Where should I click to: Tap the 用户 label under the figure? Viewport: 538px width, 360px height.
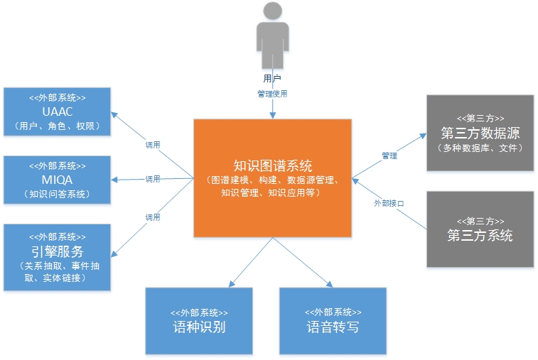(x=272, y=78)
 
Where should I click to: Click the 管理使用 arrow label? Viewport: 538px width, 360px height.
(x=272, y=94)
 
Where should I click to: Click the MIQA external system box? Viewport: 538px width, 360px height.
(x=57, y=180)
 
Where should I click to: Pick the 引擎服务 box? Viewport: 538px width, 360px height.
(x=57, y=257)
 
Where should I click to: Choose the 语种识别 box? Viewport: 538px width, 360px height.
(x=199, y=321)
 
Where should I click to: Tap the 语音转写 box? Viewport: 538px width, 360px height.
(x=333, y=321)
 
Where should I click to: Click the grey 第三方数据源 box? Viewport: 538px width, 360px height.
(x=480, y=133)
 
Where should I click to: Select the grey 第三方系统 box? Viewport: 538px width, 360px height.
(x=480, y=229)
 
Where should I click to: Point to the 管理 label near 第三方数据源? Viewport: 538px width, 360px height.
(x=389, y=156)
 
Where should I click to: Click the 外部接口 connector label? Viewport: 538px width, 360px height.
(x=389, y=203)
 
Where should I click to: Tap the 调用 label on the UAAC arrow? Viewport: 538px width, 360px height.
(x=153, y=144)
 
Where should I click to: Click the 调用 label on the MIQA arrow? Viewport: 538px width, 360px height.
(x=153, y=179)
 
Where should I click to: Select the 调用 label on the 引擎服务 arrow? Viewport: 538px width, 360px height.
(x=153, y=217)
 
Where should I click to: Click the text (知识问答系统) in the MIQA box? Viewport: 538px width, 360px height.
(x=57, y=194)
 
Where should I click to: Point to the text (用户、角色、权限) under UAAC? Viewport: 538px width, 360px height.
(x=57, y=126)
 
